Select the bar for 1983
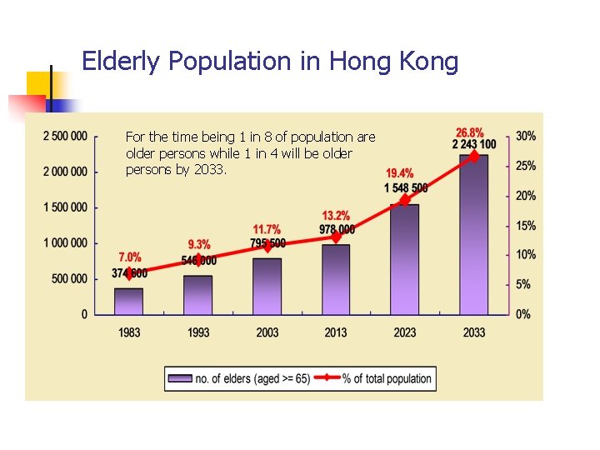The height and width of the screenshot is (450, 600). [129, 301]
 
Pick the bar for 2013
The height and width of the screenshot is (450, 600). [336, 279]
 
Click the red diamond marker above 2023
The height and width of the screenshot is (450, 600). [405, 200]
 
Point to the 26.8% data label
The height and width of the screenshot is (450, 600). [470, 132]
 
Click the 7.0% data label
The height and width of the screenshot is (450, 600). [129, 257]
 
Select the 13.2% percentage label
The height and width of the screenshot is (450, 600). [335, 217]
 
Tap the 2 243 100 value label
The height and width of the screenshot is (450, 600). [473, 144]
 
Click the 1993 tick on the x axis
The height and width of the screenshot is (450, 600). [198, 332]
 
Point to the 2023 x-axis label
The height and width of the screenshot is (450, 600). [405, 332]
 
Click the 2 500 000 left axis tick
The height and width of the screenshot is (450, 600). [65, 136]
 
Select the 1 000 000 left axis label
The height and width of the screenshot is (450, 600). [65, 242]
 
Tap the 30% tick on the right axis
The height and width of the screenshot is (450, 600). [526, 136]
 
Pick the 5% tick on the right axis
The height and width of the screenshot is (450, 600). [523, 284]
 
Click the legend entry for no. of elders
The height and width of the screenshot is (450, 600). [241, 378]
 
